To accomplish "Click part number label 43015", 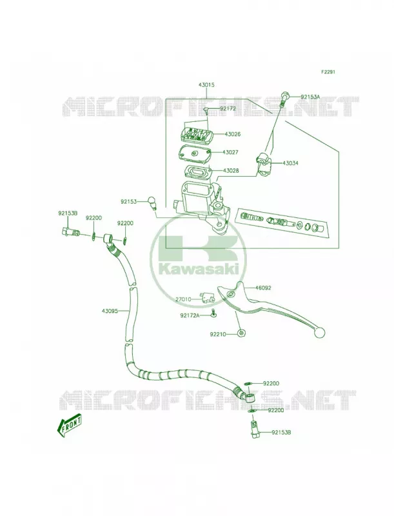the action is coord(206,85).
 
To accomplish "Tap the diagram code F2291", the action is coord(328,72).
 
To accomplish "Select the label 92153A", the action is coord(310,97).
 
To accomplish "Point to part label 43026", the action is coord(233,134).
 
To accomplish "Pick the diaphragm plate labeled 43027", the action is coord(197,154).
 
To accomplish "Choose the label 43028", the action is coord(231,171).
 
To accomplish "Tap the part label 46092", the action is coord(264,288).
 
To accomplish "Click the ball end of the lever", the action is coord(320,332).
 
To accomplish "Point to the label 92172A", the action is coord(190,315).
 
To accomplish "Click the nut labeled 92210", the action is coord(242,333).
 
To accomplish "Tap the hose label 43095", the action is coord(110,310).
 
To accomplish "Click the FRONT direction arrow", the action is coord(70,425).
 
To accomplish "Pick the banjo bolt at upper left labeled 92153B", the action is coord(70,232).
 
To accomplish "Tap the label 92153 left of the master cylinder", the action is coord(128,201).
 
